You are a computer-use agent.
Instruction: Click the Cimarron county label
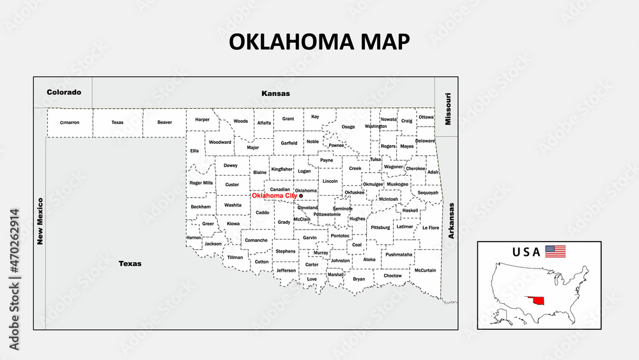(70, 122)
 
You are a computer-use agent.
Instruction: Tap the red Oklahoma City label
(273, 196)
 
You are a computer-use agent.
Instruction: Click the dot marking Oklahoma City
(301, 196)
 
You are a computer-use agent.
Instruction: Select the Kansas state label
(275, 93)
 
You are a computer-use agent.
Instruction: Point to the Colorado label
(64, 92)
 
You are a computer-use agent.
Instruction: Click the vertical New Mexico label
(40, 221)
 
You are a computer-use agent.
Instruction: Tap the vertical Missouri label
(448, 109)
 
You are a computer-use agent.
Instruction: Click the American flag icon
(555, 251)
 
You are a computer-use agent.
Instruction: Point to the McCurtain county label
(425, 270)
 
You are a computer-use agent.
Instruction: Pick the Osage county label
(348, 127)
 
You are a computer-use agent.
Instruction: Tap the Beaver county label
(164, 122)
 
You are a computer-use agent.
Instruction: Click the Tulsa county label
(375, 159)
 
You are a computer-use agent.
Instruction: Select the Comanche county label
(256, 240)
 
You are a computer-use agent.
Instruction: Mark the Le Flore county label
(431, 228)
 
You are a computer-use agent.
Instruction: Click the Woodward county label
(220, 142)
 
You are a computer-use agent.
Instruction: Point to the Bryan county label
(359, 279)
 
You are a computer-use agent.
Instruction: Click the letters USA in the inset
(526, 251)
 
